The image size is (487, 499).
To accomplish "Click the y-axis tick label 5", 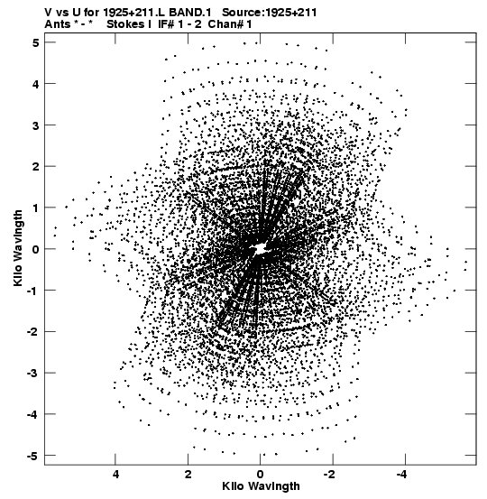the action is click(x=35, y=42).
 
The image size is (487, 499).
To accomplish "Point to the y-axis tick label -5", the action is click(x=32, y=456).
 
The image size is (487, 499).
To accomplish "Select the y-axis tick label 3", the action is click(x=35, y=125).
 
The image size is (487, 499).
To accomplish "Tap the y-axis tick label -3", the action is click(x=32, y=373).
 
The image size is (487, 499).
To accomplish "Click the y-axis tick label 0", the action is click(x=35, y=249).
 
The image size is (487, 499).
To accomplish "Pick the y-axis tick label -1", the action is click(x=32, y=291).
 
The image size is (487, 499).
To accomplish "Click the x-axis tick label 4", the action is click(x=115, y=475).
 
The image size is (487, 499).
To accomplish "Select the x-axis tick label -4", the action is click(x=401, y=475).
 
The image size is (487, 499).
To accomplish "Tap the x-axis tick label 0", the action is click(x=261, y=475).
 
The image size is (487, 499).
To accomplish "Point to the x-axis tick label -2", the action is click(x=329, y=475).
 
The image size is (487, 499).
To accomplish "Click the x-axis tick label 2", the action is click(x=188, y=475).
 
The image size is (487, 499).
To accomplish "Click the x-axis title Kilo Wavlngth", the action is click(x=261, y=486).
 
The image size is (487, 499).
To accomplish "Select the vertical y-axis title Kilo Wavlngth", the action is click(x=18, y=248).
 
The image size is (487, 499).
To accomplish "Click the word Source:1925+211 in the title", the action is click(x=269, y=13).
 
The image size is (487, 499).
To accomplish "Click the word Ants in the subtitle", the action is click(x=58, y=24).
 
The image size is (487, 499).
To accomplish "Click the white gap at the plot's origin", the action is click(x=260, y=248).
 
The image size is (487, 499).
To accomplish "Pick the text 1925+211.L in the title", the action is click(x=135, y=13).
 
